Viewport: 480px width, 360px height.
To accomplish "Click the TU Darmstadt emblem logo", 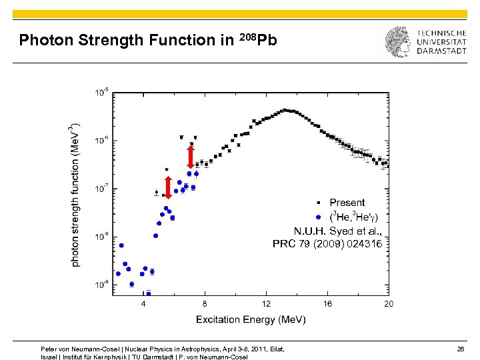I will (x=397, y=41).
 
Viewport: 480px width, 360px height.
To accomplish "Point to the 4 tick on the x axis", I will (x=143, y=303).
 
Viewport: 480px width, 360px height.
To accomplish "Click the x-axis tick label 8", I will (x=205, y=303).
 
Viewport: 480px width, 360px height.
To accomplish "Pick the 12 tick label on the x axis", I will (x=266, y=303).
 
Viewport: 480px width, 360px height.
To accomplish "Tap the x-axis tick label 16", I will (x=327, y=303).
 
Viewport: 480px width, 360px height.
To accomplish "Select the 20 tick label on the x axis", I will (x=388, y=303).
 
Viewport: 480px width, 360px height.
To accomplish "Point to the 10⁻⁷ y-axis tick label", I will (x=103, y=189).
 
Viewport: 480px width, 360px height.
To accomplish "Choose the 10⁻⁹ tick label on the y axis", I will (x=103, y=285).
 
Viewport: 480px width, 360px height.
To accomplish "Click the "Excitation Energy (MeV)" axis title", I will (x=251, y=320).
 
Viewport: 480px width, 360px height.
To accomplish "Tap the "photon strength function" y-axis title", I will (x=75, y=194).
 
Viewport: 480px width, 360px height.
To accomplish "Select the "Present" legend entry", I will (x=347, y=203).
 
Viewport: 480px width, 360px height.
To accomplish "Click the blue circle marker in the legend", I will (x=318, y=217).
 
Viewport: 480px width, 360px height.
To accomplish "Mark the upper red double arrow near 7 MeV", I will (x=191, y=157).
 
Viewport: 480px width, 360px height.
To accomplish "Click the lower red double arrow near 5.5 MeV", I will (x=168, y=188).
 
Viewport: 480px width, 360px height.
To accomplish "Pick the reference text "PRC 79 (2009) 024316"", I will (x=327, y=244).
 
